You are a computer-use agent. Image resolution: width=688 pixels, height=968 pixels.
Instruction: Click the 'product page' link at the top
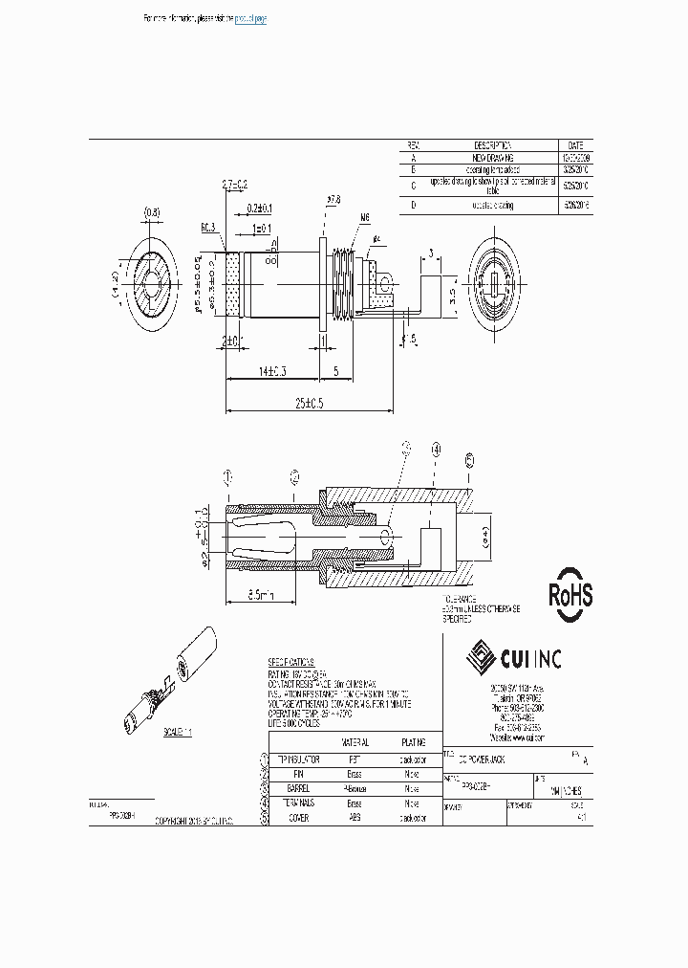(250, 19)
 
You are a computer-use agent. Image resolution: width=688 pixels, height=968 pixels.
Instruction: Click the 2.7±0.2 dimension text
(234, 183)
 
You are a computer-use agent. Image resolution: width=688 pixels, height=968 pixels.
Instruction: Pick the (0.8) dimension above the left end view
(152, 211)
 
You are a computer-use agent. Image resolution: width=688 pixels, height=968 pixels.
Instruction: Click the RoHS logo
(570, 595)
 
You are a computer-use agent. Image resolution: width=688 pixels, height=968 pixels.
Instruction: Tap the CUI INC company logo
(514, 657)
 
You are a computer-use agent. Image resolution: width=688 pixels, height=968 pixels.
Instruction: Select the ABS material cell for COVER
(355, 819)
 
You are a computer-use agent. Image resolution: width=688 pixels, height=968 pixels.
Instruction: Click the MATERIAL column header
(355, 742)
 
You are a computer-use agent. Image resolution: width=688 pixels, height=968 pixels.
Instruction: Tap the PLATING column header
(412, 742)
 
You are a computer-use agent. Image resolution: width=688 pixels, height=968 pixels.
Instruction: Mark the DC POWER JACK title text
(483, 758)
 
